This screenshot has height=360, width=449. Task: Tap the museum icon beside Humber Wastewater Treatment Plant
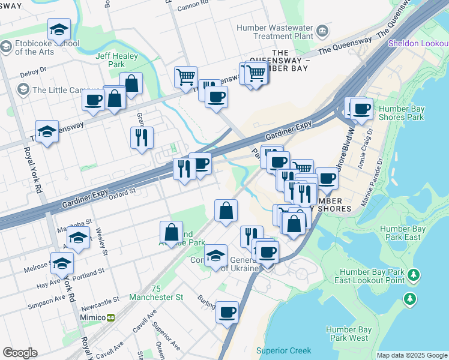[x=322, y=29]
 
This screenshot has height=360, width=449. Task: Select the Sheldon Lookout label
[x=418, y=43]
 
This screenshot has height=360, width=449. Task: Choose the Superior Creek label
[x=283, y=350]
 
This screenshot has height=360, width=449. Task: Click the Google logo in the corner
[x=20, y=353]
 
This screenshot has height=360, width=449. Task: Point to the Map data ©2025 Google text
[x=411, y=355]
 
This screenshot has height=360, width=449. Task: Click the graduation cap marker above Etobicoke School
[x=59, y=29]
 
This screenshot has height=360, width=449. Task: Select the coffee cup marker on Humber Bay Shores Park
[x=361, y=109]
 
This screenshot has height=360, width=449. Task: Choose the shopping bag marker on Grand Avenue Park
[x=171, y=233]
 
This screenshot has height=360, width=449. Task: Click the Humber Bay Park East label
[x=403, y=233]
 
